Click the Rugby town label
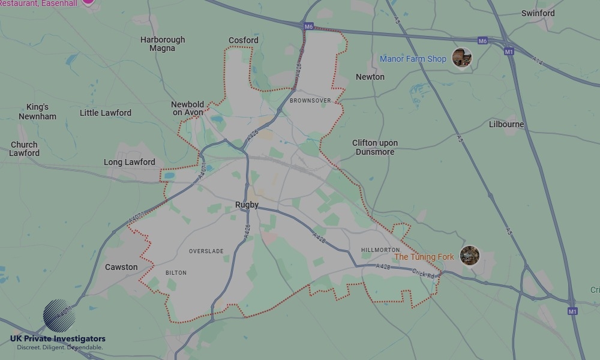pos(247,205)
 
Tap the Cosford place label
pos(243,40)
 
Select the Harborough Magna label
pos(163,44)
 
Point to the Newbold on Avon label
pos(188,108)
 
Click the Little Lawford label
pos(106,113)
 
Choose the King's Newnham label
pos(37,112)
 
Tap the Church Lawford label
pos(25,149)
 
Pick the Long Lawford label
pos(130,162)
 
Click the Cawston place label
pos(121,267)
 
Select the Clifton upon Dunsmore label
pos(375,148)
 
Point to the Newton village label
pos(370,77)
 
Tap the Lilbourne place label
pos(506,124)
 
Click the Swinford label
pos(538,13)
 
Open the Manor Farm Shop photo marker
pos(461,58)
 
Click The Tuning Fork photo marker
pos(469,256)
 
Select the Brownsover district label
pos(310,101)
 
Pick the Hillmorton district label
pos(380,250)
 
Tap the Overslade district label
pos(206,251)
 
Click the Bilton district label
pos(176,272)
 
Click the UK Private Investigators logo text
pos(58,339)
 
